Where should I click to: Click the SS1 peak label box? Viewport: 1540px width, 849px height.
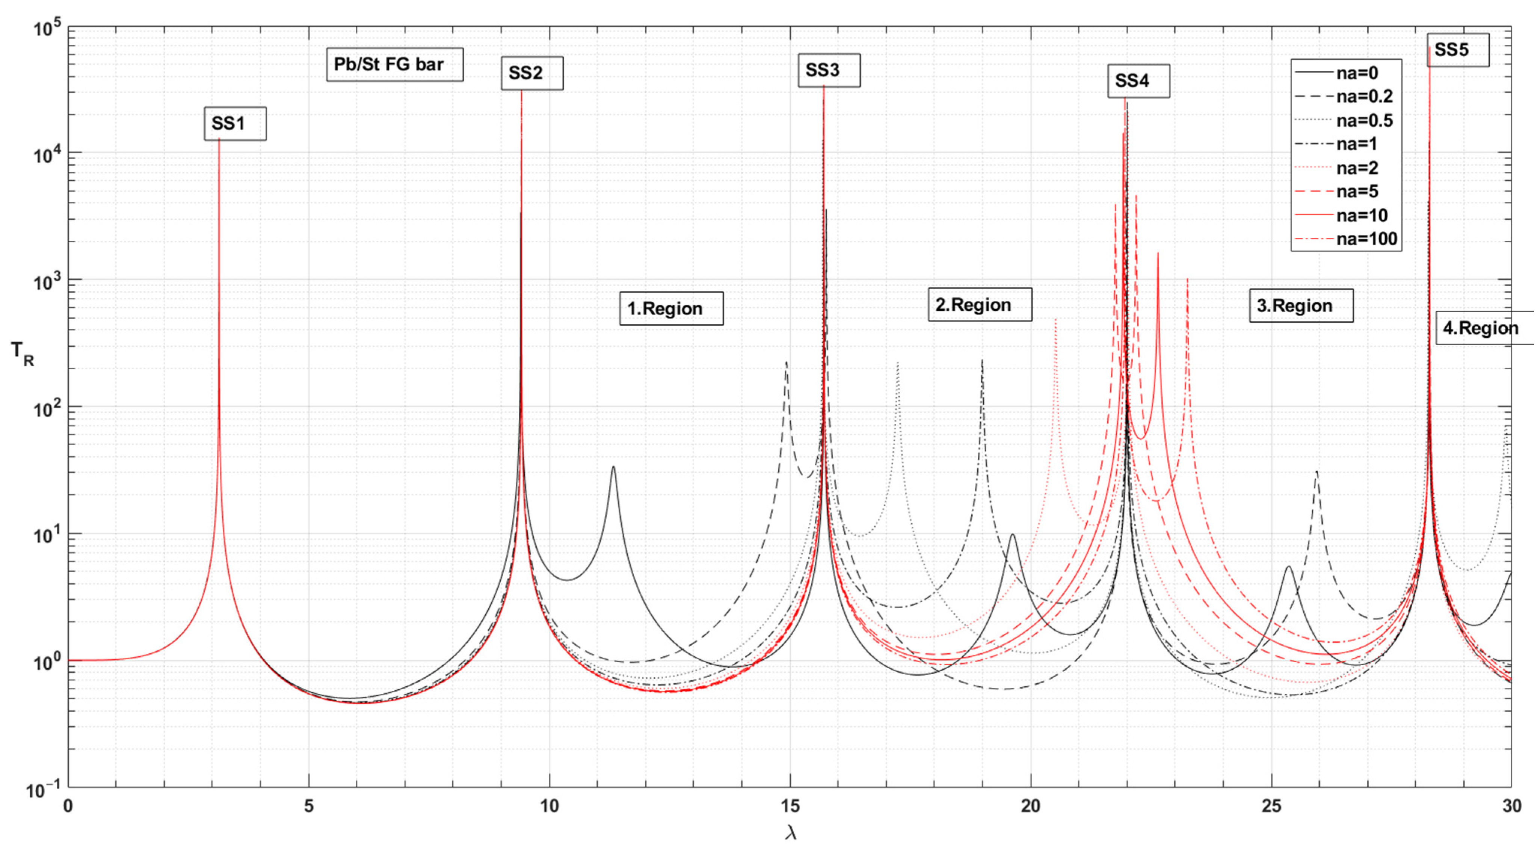point(235,124)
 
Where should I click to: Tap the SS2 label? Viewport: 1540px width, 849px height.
point(531,73)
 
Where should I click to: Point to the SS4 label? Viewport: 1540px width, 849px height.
point(1138,81)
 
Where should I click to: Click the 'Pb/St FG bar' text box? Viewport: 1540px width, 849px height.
point(394,65)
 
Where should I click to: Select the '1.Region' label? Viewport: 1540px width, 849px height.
point(671,308)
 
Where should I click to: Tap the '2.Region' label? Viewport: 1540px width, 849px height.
point(979,305)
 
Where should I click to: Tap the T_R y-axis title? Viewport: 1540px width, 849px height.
point(23,354)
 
